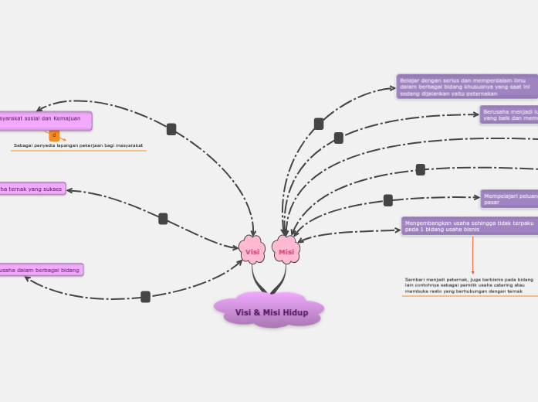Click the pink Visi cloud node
pyautogui.click(x=252, y=251)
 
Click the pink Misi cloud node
pyautogui.click(x=286, y=251)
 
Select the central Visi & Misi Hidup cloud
pyautogui.click(x=271, y=312)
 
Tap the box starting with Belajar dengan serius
pyautogui.click(x=466, y=87)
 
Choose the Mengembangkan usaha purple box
pyautogui.click(x=469, y=226)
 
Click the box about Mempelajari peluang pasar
pyautogui.click(x=509, y=199)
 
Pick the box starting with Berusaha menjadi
pyautogui.click(x=509, y=114)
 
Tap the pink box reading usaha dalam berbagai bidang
pyautogui.click(x=41, y=270)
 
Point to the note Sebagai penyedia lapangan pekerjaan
pyautogui.click(x=78, y=145)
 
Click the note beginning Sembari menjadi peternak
pyautogui.click(x=469, y=285)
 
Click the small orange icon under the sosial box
pyautogui.click(x=54, y=135)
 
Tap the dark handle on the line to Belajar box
pyautogui.click(x=319, y=124)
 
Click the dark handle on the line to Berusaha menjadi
pyautogui.click(x=339, y=138)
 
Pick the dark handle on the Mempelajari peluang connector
pyautogui.click(x=388, y=200)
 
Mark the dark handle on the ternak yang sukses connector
pyautogui.click(x=163, y=219)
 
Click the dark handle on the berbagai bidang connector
pyautogui.click(x=145, y=296)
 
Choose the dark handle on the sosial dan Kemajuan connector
pyautogui.click(x=171, y=129)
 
